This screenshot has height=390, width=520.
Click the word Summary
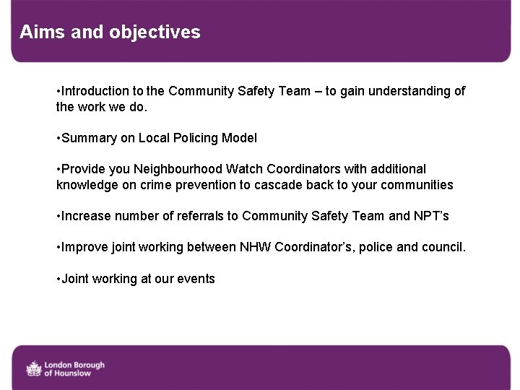[89, 138]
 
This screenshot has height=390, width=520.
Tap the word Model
[239, 138]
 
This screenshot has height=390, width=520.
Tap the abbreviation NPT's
[433, 216]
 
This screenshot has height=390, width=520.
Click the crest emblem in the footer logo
[33, 368]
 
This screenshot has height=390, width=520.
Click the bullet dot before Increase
[58, 216]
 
